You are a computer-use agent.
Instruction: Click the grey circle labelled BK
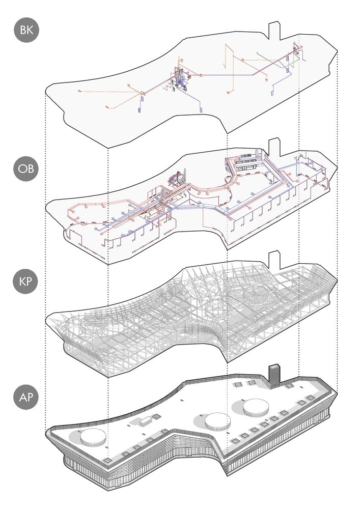26,30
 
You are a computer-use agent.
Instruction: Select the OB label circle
26,169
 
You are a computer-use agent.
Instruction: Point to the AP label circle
26,397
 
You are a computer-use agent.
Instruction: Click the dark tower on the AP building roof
274,376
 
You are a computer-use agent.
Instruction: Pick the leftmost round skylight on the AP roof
93,437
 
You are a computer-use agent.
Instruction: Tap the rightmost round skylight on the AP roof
256,407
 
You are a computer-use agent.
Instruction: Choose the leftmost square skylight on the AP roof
106,460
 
